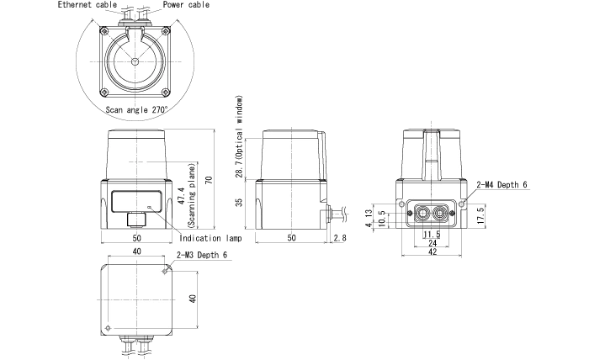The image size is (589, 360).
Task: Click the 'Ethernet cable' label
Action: coord(88,5)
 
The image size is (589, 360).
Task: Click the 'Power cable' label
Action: coord(186,5)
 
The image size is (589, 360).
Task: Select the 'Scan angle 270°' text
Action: coord(136,110)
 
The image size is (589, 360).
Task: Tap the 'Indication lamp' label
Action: coord(210,238)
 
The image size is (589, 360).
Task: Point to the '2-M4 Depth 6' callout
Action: coord(501,185)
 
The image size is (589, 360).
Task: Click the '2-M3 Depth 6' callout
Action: coord(202,255)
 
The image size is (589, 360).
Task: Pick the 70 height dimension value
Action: coord(210,180)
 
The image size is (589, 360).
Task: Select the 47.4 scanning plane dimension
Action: coord(182,196)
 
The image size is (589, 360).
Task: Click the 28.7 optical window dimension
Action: coord(239,168)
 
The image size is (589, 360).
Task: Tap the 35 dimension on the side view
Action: coord(239,203)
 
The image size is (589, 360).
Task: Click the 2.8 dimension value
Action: coord(340,238)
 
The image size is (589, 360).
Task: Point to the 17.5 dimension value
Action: coord(480,215)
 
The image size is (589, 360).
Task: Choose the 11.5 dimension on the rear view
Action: coord(432,235)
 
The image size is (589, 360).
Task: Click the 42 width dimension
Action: coord(432,251)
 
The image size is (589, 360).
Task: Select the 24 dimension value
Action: coord(432,243)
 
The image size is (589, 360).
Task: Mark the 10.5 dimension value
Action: coord(382,219)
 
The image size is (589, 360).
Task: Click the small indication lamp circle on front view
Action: coord(150,207)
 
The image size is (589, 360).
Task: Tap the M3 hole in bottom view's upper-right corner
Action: coord(165,271)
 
